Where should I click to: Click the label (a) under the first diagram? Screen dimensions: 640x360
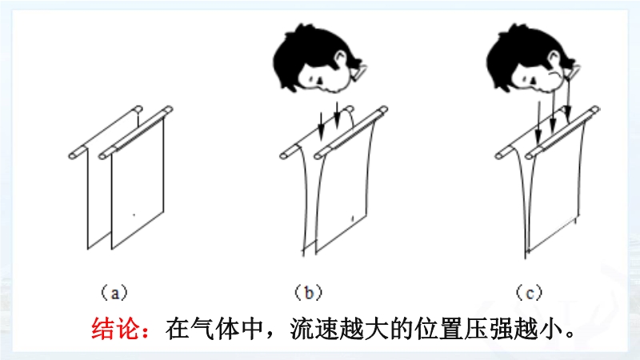[x=114, y=293]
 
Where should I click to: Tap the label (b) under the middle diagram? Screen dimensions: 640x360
[x=309, y=293]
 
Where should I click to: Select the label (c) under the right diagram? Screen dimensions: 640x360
[x=530, y=293]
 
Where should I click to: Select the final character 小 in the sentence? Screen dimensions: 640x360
[x=550, y=328]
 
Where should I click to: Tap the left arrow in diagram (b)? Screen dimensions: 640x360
[x=322, y=126]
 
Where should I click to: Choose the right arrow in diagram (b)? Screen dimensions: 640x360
[x=337, y=114]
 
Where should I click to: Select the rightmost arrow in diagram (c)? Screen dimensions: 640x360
[x=568, y=100]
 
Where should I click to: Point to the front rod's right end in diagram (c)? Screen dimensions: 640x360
[x=595, y=110]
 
